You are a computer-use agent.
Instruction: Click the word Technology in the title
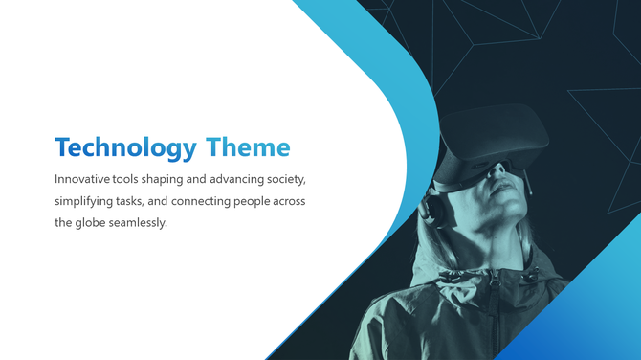[124, 147]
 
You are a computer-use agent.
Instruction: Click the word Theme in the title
[247, 147]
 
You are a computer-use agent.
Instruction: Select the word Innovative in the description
[82, 179]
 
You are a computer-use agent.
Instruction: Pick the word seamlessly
[141, 223]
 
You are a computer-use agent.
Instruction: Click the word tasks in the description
[142, 201]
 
